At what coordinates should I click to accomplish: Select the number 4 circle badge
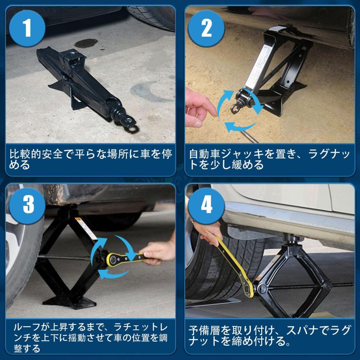coord(206,205)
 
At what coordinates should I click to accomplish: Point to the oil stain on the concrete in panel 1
coord(86,43)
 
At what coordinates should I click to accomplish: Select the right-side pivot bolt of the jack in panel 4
coord(327,286)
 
